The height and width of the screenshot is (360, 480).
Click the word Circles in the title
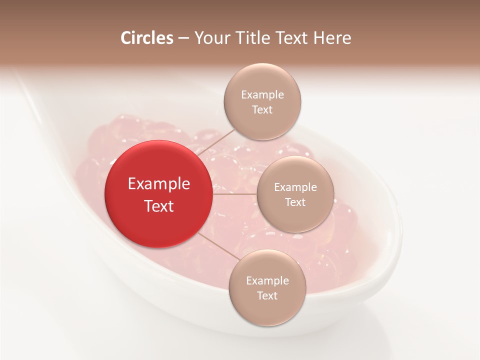(146, 38)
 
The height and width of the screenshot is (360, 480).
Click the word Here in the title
(333, 38)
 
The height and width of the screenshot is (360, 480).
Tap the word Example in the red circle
(158, 184)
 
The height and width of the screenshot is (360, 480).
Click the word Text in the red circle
(158, 206)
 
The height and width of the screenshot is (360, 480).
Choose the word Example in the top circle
(262, 95)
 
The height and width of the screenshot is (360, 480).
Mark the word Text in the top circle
(262, 109)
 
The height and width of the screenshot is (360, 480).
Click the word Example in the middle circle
(295, 187)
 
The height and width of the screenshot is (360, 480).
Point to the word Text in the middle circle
(295, 202)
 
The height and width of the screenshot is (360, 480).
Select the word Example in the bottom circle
(267, 281)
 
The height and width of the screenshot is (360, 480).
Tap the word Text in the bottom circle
(267, 295)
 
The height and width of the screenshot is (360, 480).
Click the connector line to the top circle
(212, 141)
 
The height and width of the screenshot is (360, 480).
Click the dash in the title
(183, 38)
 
